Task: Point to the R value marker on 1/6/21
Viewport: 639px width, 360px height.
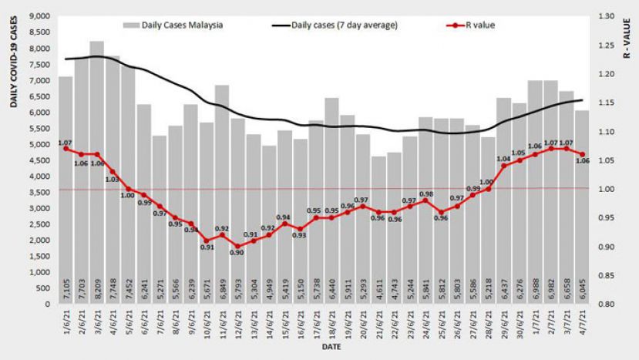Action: (x=66, y=149)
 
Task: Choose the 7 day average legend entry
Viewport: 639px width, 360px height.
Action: (x=335, y=25)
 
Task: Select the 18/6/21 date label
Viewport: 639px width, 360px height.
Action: (x=331, y=323)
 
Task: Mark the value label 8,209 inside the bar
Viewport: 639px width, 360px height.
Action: (x=97, y=291)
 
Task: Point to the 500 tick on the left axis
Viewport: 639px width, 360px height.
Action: (x=44, y=288)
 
